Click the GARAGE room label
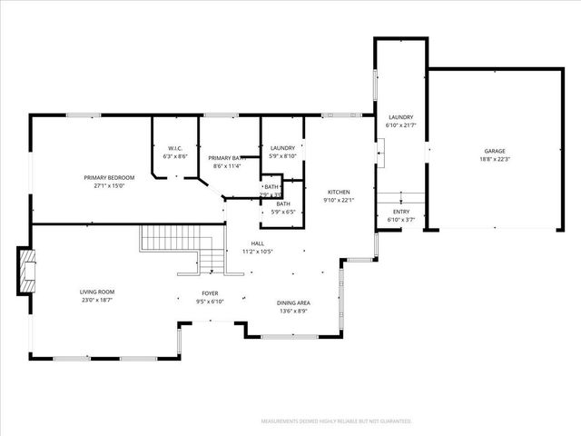(494, 151)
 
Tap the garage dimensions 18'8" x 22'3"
(494, 159)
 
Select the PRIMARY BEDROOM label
(109, 177)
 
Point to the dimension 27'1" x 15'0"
(109, 185)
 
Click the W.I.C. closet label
(175, 148)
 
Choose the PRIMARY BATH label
(227, 158)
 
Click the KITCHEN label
(339, 192)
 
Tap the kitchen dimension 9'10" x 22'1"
(339, 200)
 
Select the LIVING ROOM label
(97, 292)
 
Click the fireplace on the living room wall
(26, 270)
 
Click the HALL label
(258, 243)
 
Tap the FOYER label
(211, 294)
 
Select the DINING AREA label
(293, 302)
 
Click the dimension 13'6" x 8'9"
(293, 311)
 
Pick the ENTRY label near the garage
(400, 212)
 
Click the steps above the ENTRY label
(400, 199)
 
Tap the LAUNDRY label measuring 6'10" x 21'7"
(400, 117)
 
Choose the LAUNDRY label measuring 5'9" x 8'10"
(282, 148)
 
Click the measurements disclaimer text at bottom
(336, 421)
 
